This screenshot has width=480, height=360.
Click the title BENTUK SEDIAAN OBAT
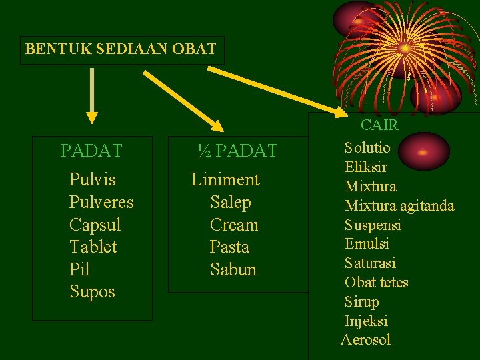(x=121, y=49)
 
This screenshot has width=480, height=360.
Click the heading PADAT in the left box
(x=91, y=151)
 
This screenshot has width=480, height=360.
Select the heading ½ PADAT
(x=237, y=151)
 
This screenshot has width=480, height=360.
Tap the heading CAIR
(x=379, y=125)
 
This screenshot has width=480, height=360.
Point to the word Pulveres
(x=101, y=202)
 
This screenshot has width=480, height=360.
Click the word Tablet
(x=93, y=247)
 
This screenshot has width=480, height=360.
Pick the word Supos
(x=92, y=292)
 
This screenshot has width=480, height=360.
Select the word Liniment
(x=225, y=180)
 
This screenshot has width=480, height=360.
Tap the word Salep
(x=231, y=202)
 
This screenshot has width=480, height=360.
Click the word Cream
(x=233, y=225)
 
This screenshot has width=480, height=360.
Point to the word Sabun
(x=233, y=269)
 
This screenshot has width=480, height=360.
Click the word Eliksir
(x=366, y=167)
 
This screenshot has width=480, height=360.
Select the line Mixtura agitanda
(x=399, y=205)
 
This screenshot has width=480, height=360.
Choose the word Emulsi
(x=367, y=244)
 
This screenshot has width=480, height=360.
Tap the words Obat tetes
(x=377, y=283)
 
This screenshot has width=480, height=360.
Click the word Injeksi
(x=366, y=321)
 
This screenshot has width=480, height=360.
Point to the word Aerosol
(x=365, y=340)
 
